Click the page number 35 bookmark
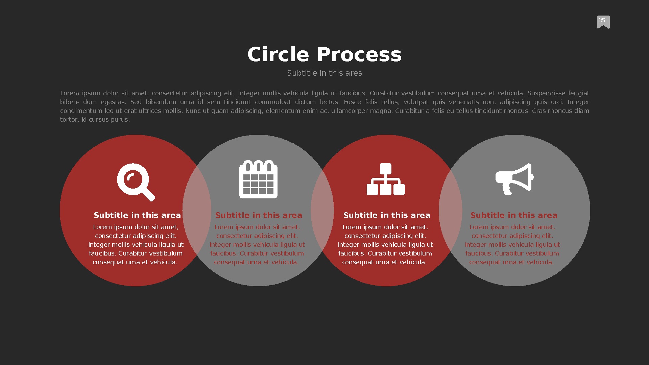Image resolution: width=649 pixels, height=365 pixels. click(x=603, y=22)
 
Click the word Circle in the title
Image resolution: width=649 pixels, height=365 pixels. click(x=278, y=54)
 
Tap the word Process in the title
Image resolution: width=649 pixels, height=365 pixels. click(x=359, y=54)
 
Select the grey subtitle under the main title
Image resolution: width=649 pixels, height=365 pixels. click(x=324, y=73)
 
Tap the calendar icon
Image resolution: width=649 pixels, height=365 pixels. click(x=258, y=179)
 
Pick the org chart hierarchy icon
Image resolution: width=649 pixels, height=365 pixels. click(x=386, y=179)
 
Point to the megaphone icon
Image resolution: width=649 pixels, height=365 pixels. click(x=514, y=179)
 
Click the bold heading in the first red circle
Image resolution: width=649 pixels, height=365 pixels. click(x=137, y=215)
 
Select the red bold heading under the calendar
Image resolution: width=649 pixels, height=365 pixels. click(x=259, y=215)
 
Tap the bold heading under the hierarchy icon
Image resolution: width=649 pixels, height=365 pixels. click(x=387, y=215)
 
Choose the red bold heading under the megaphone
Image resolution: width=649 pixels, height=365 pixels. click(x=514, y=215)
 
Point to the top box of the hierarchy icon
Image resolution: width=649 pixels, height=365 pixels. click(x=386, y=169)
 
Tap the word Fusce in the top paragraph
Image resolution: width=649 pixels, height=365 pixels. click(x=352, y=102)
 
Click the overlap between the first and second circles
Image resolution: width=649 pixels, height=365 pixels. click(x=197, y=210)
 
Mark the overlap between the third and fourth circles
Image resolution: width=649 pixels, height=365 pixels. click(x=450, y=210)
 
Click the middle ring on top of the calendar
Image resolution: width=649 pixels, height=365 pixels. click(x=259, y=166)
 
